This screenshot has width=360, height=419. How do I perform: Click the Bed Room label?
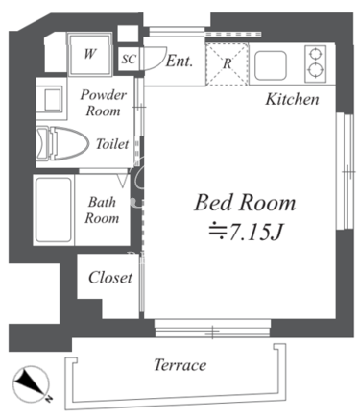tap(245, 203)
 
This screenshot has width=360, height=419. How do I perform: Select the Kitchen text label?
tap(292, 99)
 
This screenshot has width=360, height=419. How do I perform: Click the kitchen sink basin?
tap(271, 65)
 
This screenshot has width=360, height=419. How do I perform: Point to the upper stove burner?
tap(316, 54)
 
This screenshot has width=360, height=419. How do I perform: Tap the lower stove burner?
tap(316, 70)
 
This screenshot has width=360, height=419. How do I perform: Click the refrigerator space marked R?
tap(227, 63)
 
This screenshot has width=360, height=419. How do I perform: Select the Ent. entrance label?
tap(180, 61)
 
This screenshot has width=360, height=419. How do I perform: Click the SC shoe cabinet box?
tap(129, 59)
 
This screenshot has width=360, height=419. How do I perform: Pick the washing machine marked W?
tap(90, 54)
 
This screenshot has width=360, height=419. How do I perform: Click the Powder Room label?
tap(103, 103)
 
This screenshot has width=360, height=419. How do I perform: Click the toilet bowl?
tap(62, 143)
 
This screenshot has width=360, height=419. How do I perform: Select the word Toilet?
tap(112, 144)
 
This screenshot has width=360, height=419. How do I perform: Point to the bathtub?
tap(54, 209)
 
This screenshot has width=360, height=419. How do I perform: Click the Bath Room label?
tap(102, 210)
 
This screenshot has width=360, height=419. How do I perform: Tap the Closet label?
tap(110, 278)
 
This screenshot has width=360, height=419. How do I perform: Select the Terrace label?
tap(180, 365)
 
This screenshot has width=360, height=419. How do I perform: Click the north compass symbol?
tap(31, 384)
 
